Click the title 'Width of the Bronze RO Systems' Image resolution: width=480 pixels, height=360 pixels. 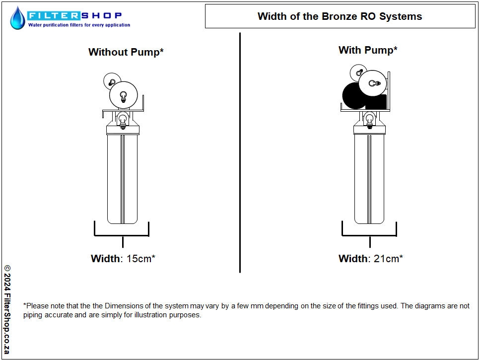[340, 16]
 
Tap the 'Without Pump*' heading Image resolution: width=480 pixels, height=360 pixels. [126, 52]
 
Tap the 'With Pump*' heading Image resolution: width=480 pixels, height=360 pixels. [368, 50]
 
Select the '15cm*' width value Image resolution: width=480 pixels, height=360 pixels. [141, 258]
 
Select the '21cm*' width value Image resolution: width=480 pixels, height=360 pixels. [388, 258]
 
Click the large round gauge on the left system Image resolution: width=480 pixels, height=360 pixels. [124, 95]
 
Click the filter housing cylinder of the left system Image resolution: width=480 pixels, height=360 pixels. [123, 179]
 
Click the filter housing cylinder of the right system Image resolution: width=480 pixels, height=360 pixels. [369, 179]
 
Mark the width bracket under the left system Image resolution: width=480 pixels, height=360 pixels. [122, 235]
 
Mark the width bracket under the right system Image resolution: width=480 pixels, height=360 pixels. [369, 235]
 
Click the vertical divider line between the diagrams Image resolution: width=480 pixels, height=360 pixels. [240, 152]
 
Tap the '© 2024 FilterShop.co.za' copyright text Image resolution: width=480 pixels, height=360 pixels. [7, 309]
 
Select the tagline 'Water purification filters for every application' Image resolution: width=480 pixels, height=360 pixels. [79, 25]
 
